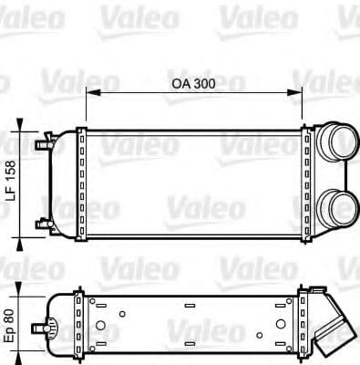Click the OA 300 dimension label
point(193,83)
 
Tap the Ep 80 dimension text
point(12,324)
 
